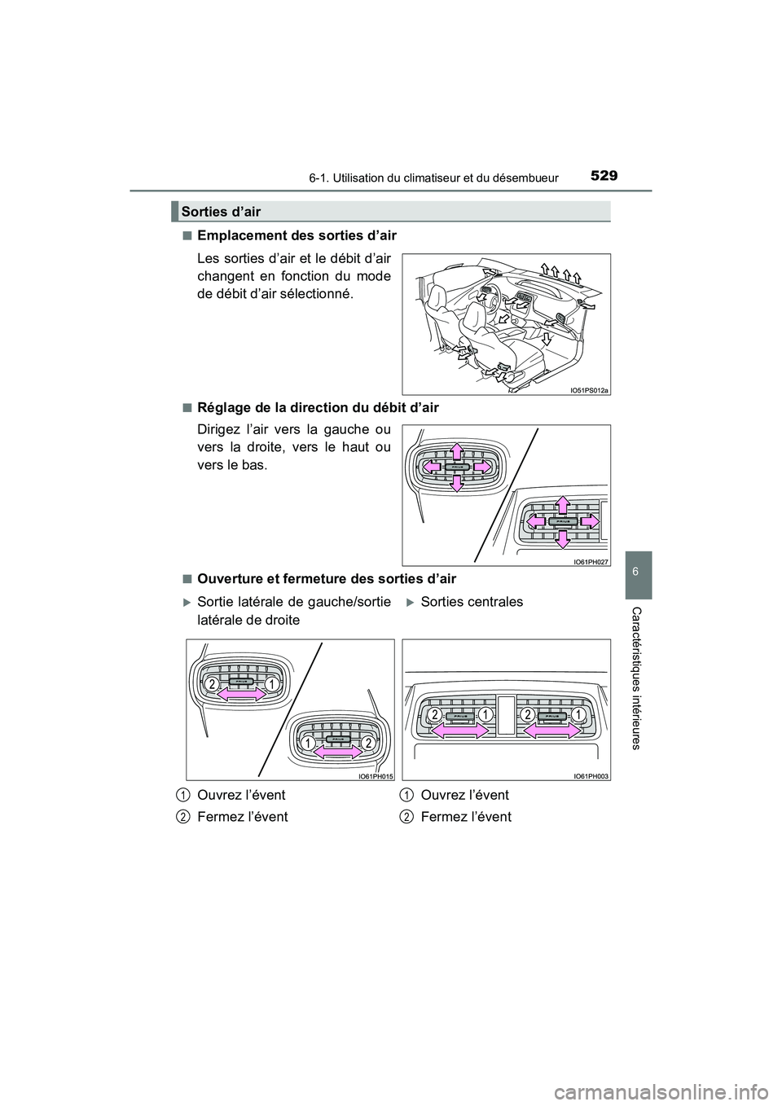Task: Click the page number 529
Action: tap(603, 175)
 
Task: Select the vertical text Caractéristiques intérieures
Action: tap(635, 678)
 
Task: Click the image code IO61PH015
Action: tap(375, 777)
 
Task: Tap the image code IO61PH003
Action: tap(591, 777)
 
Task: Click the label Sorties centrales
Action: tap(472, 602)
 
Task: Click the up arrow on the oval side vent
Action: tap(457, 450)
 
